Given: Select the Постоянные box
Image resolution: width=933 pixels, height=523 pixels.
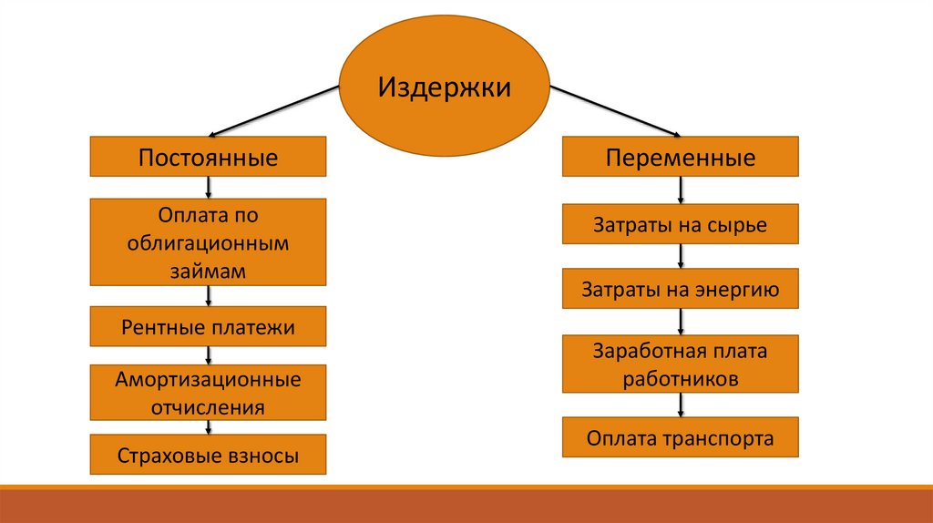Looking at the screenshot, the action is tap(208, 156).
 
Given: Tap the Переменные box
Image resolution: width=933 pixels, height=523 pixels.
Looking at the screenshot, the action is tap(680, 156).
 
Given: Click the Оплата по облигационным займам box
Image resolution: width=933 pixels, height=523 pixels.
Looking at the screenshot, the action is tap(208, 243).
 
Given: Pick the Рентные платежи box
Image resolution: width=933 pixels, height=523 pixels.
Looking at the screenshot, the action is tap(208, 327).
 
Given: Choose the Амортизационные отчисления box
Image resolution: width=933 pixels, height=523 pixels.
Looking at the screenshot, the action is tap(208, 393).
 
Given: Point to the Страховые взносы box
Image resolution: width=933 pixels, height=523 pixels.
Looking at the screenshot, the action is tap(208, 455).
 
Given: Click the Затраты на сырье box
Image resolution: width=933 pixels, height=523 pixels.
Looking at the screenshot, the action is tap(680, 224).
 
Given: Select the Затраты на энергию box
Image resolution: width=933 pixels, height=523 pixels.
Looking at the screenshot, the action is tap(680, 290).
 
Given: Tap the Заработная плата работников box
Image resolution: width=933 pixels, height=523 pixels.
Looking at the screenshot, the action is tap(680, 364).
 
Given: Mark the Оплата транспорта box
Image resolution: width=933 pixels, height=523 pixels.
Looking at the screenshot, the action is tap(680, 438).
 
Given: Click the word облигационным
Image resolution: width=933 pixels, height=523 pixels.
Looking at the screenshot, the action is tap(208, 244).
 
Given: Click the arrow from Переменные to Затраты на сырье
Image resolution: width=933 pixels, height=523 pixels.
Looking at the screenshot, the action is tap(680, 190).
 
